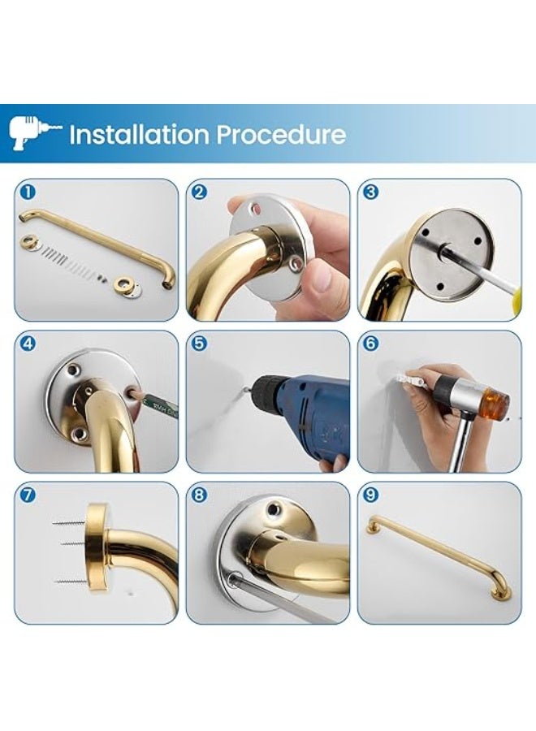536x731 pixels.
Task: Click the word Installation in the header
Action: [x=140, y=134]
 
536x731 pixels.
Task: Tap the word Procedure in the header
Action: [x=281, y=135]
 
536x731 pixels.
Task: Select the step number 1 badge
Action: [x=28, y=192]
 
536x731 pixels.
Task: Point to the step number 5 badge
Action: [x=199, y=344]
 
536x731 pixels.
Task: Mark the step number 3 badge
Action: [x=370, y=192]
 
